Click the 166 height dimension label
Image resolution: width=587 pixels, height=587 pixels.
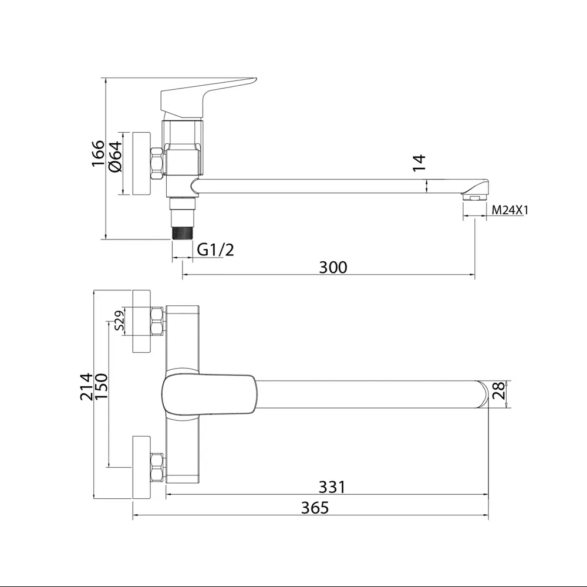[x=98, y=154]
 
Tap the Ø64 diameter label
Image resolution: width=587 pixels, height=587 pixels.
[x=115, y=157]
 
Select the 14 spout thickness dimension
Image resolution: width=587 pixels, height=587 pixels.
[x=419, y=163]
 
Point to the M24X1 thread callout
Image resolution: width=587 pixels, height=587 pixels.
[x=510, y=210]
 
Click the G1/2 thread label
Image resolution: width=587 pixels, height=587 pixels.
[x=215, y=249]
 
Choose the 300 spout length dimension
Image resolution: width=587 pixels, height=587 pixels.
[x=333, y=267]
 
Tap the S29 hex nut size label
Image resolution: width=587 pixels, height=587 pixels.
[x=119, y=321]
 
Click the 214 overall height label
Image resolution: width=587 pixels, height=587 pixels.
[x=86, y=387]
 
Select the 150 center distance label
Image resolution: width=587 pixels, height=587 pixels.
[x=102, y=387]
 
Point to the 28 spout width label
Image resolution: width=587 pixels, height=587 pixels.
[x=498, y=391]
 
